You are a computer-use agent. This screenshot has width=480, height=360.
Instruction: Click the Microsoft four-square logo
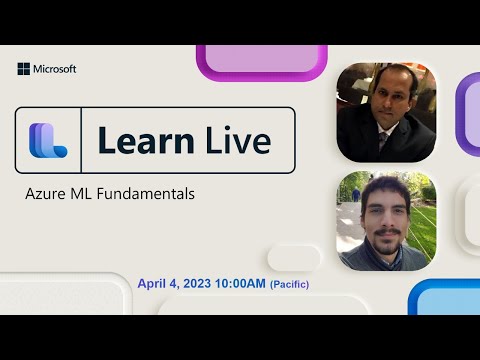point(23,69)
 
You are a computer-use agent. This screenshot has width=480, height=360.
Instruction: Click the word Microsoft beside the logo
point(55,69)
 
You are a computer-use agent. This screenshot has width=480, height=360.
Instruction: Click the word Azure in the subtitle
point(45,192)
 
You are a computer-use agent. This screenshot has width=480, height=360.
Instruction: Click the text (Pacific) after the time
point(289,286)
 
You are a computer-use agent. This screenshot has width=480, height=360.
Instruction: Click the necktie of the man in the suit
point(384,142)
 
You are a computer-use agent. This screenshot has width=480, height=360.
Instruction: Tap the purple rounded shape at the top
point(262,59)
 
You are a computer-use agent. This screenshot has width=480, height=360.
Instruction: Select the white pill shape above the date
point(294,258)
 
